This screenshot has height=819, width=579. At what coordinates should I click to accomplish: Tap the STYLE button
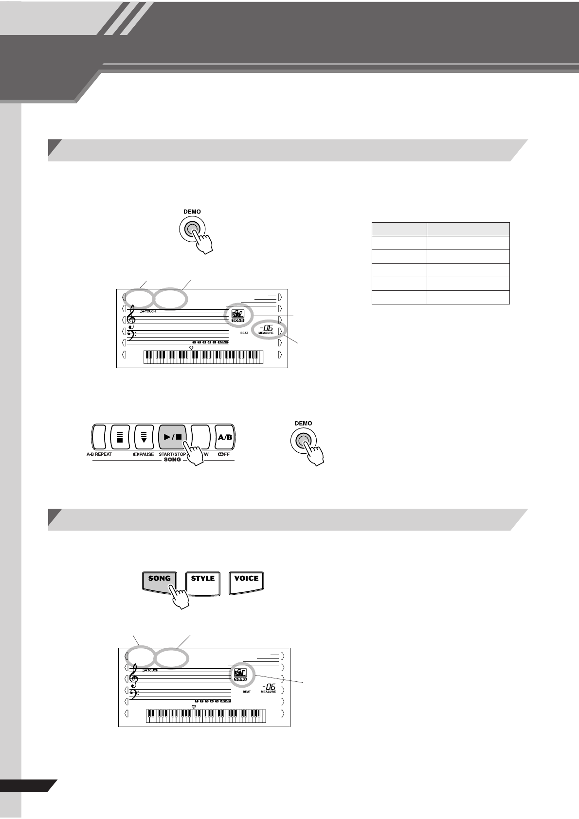coord(203,582)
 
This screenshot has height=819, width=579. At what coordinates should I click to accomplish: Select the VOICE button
coord(246,582)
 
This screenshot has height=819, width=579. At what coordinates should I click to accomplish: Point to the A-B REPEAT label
coord(96,454)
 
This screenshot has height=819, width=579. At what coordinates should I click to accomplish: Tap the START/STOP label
coord(172,454)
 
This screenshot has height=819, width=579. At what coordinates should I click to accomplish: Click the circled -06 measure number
coord(266,329)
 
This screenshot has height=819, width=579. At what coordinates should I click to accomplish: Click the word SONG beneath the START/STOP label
coord(172,460)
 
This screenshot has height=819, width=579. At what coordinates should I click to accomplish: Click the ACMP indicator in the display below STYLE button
coord(225,701)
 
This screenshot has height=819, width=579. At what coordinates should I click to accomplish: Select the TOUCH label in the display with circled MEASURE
coord(150,311)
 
